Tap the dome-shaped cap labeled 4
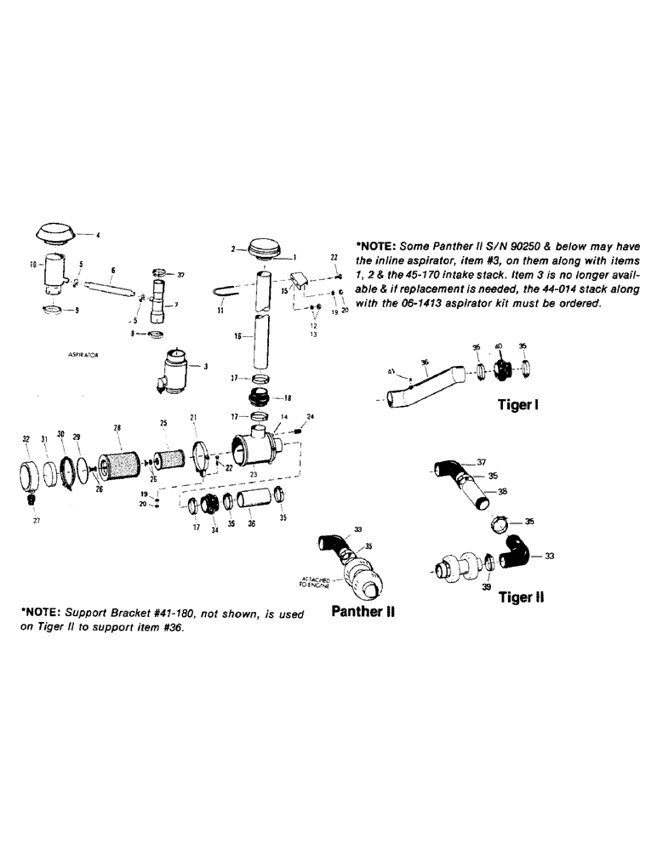pyautogui.click(x=55, y=231)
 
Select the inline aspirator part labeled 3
pyautogui.click(x=174, y=371)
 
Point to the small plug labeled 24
pyautogui.click(x=299, y=436)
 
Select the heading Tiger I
pyautogui.click(x=516, y=406)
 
